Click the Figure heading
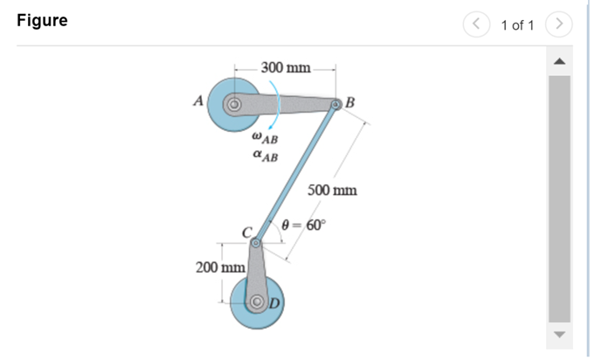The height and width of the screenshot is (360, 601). tap(41, 21)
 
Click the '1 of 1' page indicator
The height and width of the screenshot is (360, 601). tap(517, 24)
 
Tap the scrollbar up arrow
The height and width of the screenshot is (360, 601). tap(559, 61)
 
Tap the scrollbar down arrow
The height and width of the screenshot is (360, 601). tap(559, 336)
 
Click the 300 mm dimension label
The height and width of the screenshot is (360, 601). tap(286, 68)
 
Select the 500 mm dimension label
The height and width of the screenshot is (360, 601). tap(332, 190)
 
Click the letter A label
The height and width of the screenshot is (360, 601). tap(198, 101)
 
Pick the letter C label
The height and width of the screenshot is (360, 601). tap(247, 232)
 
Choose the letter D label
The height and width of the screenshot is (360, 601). tap(273, 303)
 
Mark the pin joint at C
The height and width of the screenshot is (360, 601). tap(255, 244)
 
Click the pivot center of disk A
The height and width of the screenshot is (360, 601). tap(233, 105)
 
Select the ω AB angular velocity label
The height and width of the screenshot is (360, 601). tap(264, 137)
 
